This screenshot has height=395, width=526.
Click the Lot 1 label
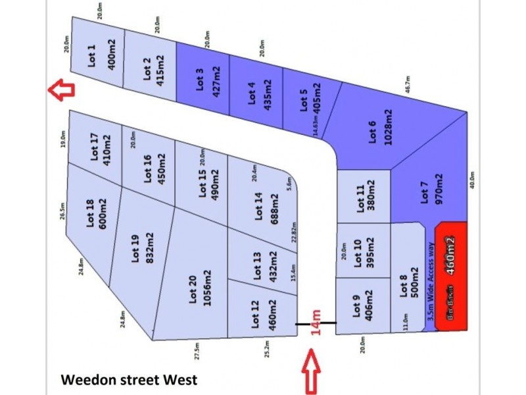coord(91,55)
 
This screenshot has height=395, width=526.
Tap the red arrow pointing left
coord(60,90)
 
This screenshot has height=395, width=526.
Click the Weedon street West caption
coord(129,380)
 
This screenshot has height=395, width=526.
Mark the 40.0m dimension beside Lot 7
coord(473,181)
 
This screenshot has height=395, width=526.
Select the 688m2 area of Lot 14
coord(272,209)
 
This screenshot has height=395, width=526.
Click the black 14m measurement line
coord(316,323)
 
